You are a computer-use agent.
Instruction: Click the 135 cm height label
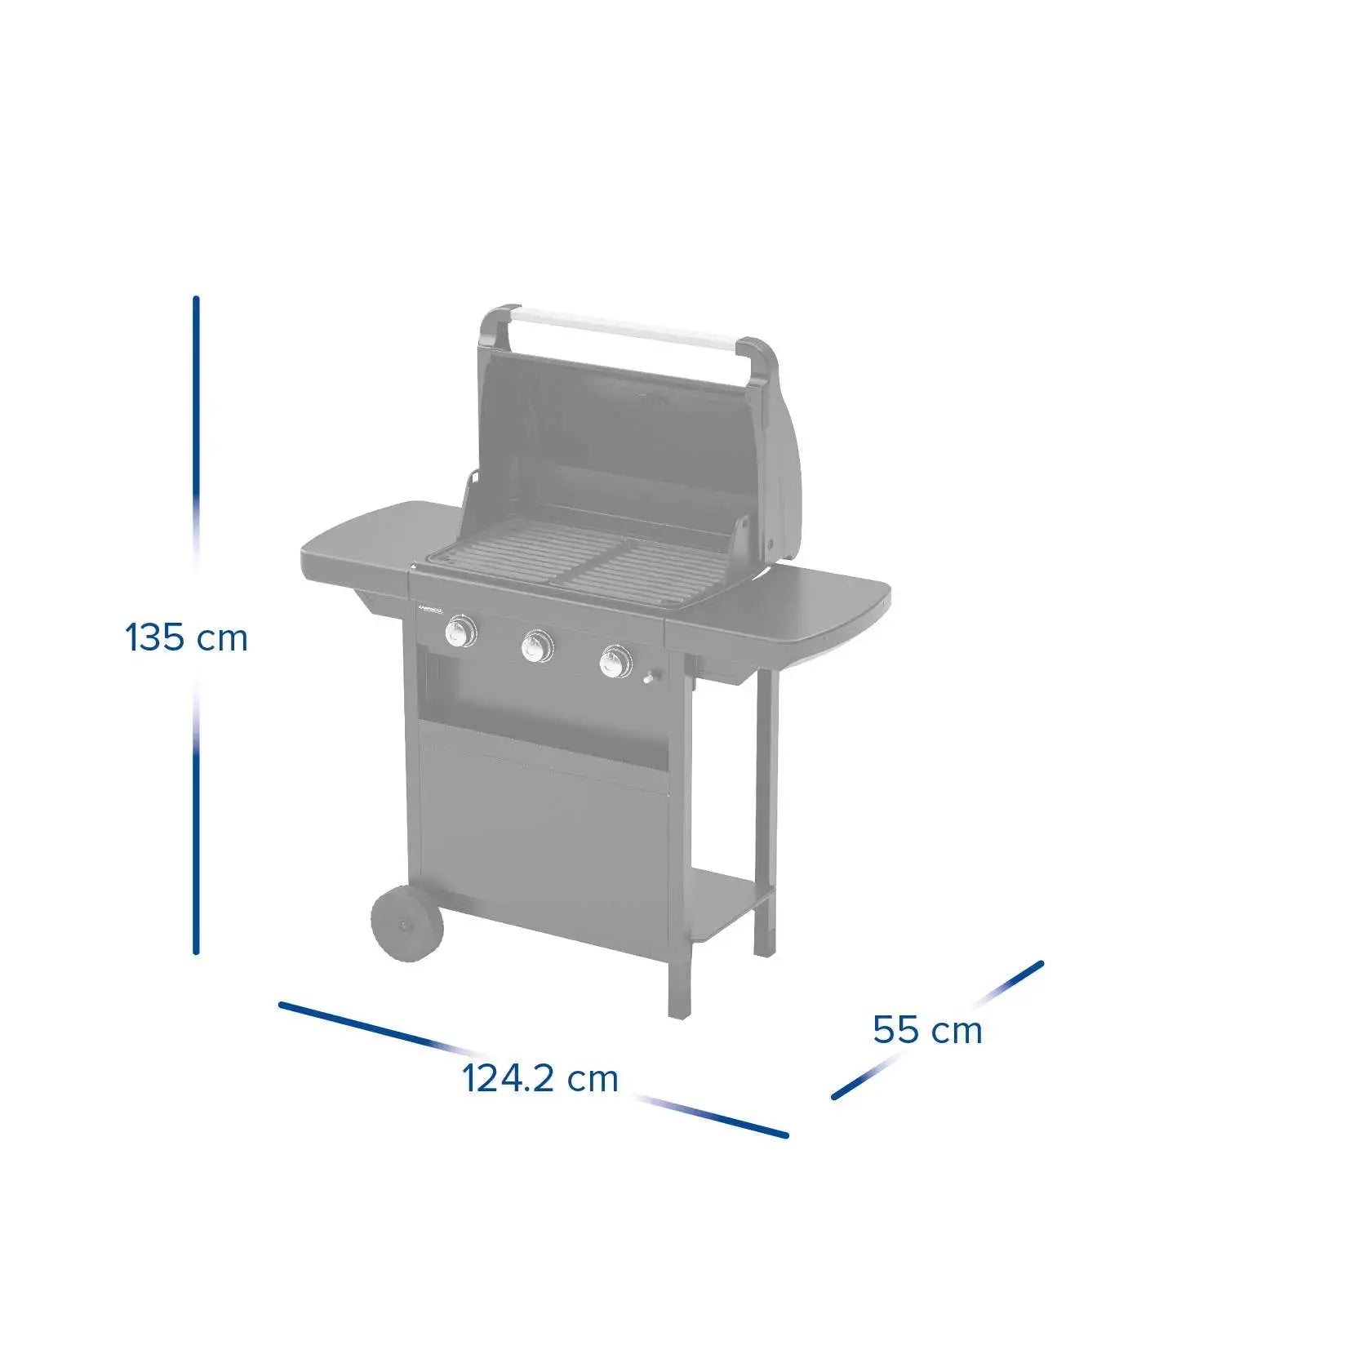click(x=186, y=637)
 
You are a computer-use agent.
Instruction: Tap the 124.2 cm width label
click(x=540, y=1078)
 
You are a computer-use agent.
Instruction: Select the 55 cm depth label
click(x=927, y=1029)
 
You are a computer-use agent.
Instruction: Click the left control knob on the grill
click(x=461, y=632)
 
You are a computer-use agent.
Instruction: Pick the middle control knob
click(x=537, y=646)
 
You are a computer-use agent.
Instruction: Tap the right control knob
click(x=615, y=660)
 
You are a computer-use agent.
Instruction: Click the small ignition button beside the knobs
click(x=651, y=677)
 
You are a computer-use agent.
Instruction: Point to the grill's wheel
click(x=406, y=923)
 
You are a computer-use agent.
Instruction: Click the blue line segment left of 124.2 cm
click(x=359, y=1024)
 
